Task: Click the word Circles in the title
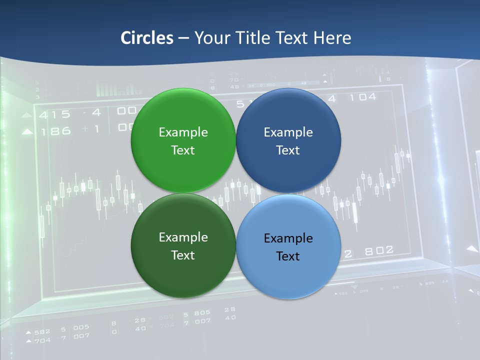coord(146,38)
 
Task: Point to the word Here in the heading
coord(332,38)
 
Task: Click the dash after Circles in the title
coord(183,38)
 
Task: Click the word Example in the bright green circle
coord(183,132)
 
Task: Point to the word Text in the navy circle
coord(288,150)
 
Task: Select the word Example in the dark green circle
coord(183,237)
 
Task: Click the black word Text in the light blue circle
coord(288,256)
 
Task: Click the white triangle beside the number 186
coord(27,132)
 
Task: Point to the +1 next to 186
coord(91,129)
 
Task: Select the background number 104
coord(362,97)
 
